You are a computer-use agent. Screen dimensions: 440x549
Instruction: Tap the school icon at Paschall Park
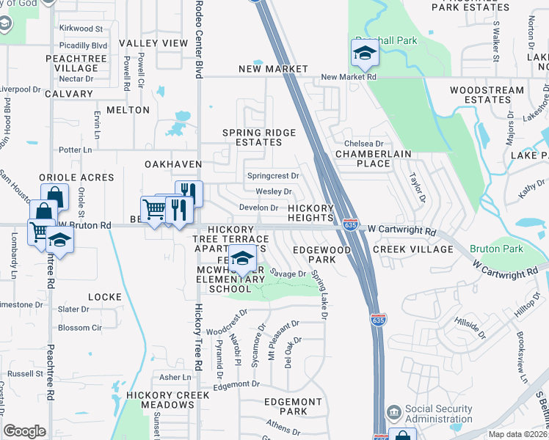point(364,53)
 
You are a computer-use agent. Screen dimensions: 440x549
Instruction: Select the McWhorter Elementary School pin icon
point(241,257)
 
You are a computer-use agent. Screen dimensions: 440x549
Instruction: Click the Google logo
point(24,431)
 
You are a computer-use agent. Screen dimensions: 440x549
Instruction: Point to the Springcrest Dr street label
point(273,176)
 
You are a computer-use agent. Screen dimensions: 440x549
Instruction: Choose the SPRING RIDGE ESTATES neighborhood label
point(260,138)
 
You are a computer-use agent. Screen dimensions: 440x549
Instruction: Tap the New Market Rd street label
point(349,76)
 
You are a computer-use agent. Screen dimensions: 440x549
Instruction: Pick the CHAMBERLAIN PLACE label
point(373,158)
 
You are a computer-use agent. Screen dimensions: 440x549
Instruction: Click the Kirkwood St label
point(81,29)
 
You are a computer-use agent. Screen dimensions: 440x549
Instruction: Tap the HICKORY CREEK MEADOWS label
point(159,400)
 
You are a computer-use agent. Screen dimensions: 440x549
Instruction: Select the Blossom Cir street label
point(79,328)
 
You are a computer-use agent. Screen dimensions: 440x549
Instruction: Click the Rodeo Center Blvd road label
point(198,40)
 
